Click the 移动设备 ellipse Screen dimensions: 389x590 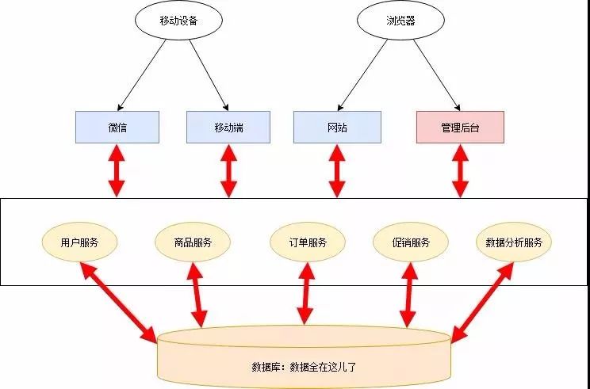[x=172, y=21]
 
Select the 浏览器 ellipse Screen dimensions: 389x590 [x=395, y=21]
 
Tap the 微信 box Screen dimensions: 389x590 [x=117, y=127]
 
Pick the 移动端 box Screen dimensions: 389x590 [x=228, y=127]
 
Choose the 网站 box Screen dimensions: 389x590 [x=336, y=127]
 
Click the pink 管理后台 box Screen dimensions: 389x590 [x=460, y=127]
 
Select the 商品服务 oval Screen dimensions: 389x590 [x=193, y=242]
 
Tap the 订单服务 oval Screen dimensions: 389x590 [x=305, y=242]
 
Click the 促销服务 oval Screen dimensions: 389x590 [x=411, y=242]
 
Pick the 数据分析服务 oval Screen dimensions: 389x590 [x=514, y=242]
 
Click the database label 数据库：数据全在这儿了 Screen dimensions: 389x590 [x=305, y=367]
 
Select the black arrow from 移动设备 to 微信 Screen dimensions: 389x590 [x=142, y=74]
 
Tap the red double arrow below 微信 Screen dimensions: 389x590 [x=117, y=170]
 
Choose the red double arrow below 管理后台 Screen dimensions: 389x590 [x=460, y=170]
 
